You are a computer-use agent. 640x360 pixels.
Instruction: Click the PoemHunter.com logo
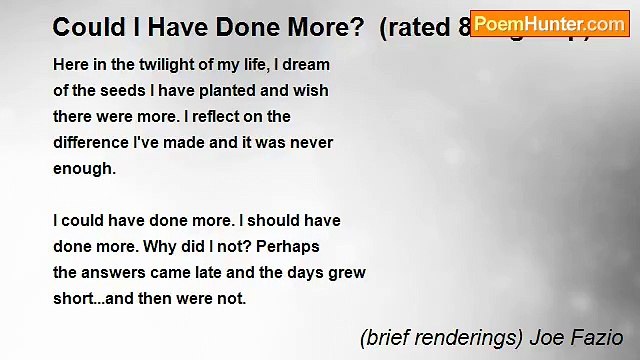(x=549, y=23)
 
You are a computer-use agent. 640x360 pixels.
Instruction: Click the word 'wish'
(x=312, y=90)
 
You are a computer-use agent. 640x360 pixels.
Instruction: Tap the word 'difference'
(x=91, y=142)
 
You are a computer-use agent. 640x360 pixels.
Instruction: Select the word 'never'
(x=311, y=142)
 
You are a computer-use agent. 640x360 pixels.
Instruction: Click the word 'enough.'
(x=85, y=168)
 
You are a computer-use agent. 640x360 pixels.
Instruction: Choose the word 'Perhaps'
(x=289, y=246)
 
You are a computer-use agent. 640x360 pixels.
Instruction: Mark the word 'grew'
(x=347, y=272)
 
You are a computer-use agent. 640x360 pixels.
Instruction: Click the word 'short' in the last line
(x=71, y=298)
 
